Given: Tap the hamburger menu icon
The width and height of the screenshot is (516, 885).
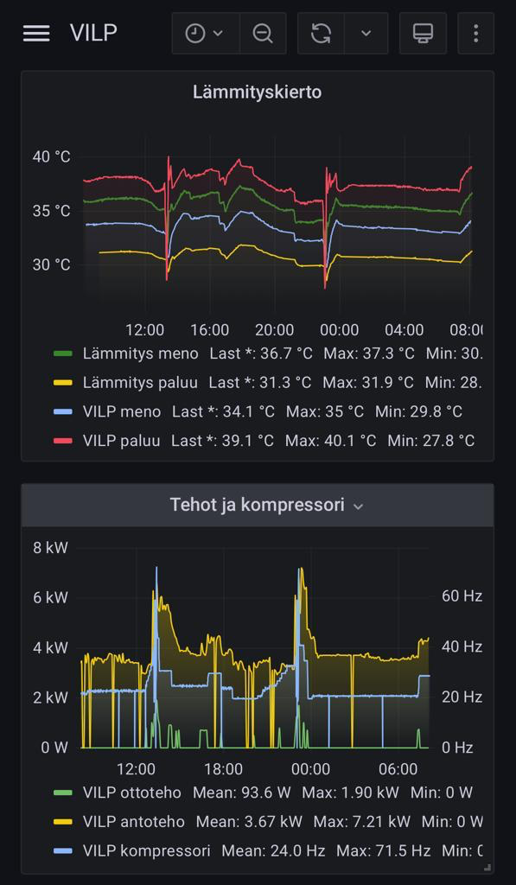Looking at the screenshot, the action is point(36,34).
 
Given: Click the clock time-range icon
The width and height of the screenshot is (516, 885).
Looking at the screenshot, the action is point(195,34).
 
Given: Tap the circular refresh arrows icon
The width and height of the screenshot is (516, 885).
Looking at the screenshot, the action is point(321,34).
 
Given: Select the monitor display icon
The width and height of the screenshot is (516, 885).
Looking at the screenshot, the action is point(423,34).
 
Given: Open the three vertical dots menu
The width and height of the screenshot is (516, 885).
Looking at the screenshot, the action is point(476,34).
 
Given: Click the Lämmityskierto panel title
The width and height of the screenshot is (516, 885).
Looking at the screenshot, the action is point(258,92).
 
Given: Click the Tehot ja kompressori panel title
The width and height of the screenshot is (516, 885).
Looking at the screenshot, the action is point(258,505).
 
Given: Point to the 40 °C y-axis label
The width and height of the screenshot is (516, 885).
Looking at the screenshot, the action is point(51,156).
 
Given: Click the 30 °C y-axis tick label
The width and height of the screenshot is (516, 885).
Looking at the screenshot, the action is point(51,264).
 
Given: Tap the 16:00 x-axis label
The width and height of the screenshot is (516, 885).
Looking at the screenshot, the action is point(209,329).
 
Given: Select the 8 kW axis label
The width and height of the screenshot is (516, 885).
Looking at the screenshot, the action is point(50,547).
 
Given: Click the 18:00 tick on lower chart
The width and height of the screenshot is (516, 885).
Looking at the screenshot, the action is point(224,768).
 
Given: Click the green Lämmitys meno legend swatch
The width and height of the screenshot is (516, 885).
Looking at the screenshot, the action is point(63,353).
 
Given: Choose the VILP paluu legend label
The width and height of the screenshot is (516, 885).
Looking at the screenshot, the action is point(121,440).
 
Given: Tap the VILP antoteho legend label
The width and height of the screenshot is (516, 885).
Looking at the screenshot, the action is point(134,821).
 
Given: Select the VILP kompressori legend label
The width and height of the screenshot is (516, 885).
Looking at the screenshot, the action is point(147,850).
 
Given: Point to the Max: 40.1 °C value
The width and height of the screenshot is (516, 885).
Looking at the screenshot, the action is point(330,440).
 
